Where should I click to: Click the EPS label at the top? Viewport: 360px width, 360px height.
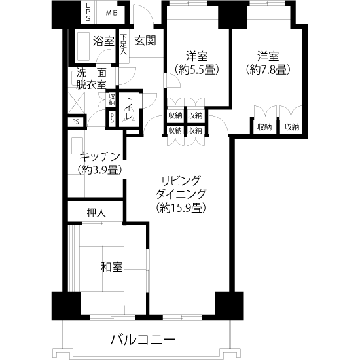click(88, 12)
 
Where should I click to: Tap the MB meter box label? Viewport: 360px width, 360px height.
click(112, 13)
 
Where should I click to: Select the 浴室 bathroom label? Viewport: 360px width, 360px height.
click(103, 41)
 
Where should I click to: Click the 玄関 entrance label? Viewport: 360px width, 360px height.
click(145, 40)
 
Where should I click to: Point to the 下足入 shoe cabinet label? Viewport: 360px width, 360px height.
click(124, 45)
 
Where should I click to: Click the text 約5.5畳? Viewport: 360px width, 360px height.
click(196, 69)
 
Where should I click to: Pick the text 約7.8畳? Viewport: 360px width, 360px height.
click(268, 69)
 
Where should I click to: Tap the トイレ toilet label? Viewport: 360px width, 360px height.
click(129, 107)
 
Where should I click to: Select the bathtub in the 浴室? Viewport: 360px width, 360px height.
click(83, 46)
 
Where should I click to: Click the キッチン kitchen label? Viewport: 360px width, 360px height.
click(99, 156)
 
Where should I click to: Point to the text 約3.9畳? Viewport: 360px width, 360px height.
click(99, 170)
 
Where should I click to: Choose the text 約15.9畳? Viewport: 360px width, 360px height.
click(181, 207)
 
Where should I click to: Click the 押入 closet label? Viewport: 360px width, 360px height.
click(96, 213)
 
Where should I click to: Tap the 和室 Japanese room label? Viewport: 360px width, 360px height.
click(111, 267)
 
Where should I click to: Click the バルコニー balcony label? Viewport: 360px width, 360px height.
click(143, 340)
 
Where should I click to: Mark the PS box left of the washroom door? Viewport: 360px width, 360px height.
click(77, 122)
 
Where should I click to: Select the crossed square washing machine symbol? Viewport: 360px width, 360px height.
click(77, 103)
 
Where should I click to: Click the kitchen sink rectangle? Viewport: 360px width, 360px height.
click(77, 146)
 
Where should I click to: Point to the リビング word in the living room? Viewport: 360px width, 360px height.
click(181, 181)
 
